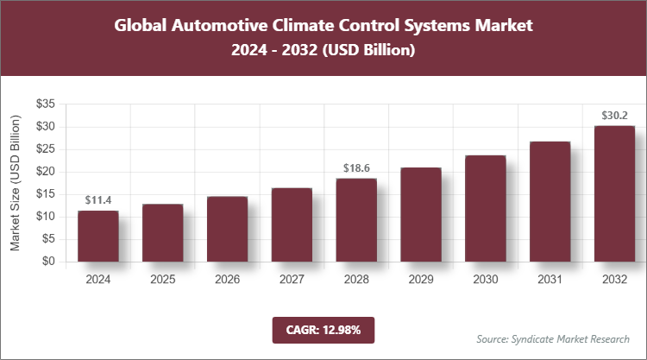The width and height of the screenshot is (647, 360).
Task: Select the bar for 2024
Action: click(x=97, y=236)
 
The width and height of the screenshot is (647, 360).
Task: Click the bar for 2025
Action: click(x=162, y=232)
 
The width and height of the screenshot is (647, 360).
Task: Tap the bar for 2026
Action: click(x=227, y=229)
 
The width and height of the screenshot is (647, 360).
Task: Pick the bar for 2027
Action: click(x=292, y=224)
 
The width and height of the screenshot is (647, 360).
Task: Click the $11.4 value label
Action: click(x=97, y=200)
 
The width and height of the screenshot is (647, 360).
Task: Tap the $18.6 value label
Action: click(x=356, y=167)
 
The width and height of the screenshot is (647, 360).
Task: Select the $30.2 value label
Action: click(x=614, y=115)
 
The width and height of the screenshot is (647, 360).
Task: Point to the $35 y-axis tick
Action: click(x=46, y=104)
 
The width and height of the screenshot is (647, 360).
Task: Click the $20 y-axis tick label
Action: click(x=46, y=172)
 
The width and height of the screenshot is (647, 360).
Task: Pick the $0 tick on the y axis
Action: click(x=49, y=262)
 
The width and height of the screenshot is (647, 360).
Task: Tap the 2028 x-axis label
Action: click(x=356, y=280)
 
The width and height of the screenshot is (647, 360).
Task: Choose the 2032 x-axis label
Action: click(x=614, y=280)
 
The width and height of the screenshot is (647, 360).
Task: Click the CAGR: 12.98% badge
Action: click(x=323, y=329)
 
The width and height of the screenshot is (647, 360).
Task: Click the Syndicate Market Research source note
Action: click(x=553, y=338)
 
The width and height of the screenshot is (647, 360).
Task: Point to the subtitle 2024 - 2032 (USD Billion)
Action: click(x=323, y=51)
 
